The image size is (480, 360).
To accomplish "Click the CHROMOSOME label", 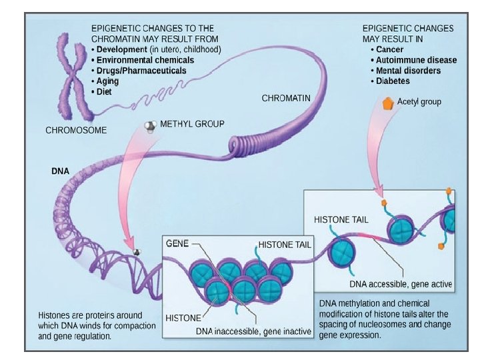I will click(x=75, y=130).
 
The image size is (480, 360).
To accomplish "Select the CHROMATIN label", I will click(x=286, y=98).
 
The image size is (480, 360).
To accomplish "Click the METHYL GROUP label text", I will click(x=192, y=124).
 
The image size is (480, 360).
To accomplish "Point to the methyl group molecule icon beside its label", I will click(x=151, y=126).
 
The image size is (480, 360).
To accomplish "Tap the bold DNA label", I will click(x=60, y=171).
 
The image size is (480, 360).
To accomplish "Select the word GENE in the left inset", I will click(x=177, y=244).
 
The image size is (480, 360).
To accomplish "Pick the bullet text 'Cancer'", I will click(x=389, y=49).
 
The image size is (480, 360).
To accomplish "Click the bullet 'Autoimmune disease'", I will click(x=416, y=60).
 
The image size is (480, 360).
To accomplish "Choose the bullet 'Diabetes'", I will click(x=393, y=81).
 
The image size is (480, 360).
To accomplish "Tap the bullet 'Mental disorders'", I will click(x=408, y=71).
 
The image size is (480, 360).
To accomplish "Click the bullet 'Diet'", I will click(x=105, y=92).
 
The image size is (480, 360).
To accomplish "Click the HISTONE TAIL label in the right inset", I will click(x=341, y=219).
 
